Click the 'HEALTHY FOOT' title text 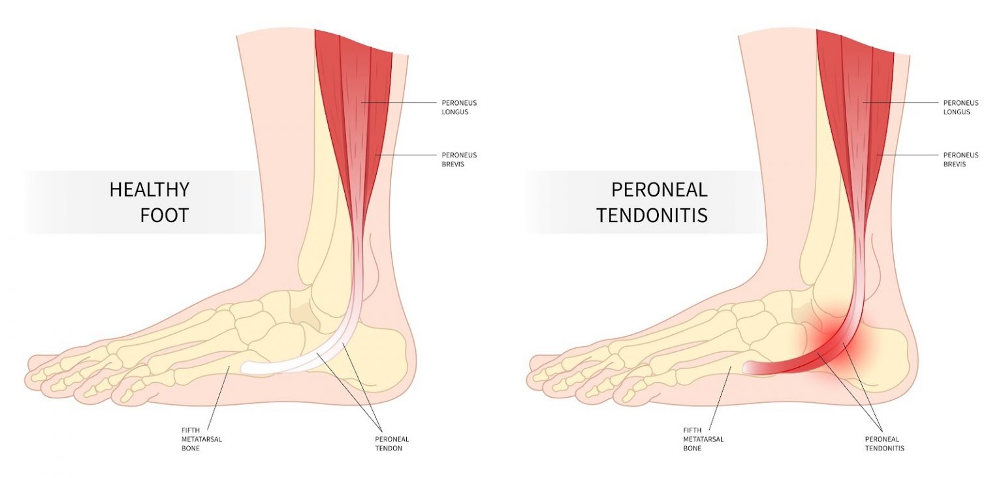149,202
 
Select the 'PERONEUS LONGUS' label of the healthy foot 459,107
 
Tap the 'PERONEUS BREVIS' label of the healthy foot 459,159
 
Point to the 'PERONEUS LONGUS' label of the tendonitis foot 961,107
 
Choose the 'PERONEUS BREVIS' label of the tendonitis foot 961,159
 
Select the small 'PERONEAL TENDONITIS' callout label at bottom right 885,443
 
